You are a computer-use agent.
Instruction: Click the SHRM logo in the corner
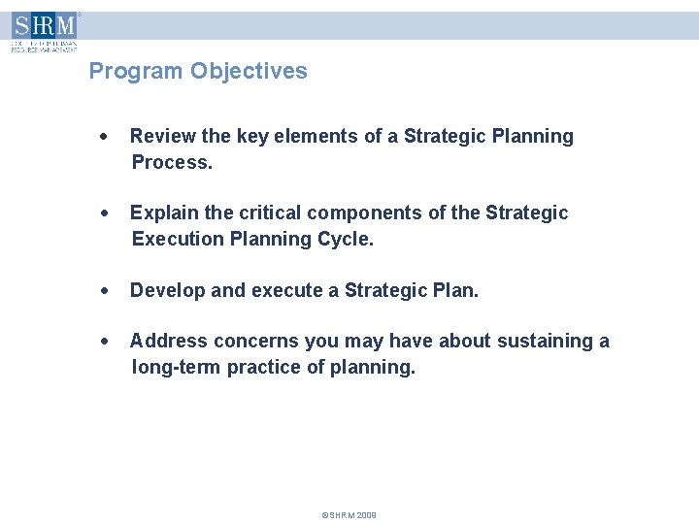[x=44, y=31]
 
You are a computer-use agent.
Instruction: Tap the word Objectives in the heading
[x=249, y=71]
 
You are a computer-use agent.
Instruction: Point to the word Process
[x=171, y=162]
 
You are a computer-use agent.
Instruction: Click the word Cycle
[x=345, y=239]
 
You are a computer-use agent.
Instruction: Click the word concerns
[x=255, y=341]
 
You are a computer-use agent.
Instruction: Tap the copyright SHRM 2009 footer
[x=349, y=514]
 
